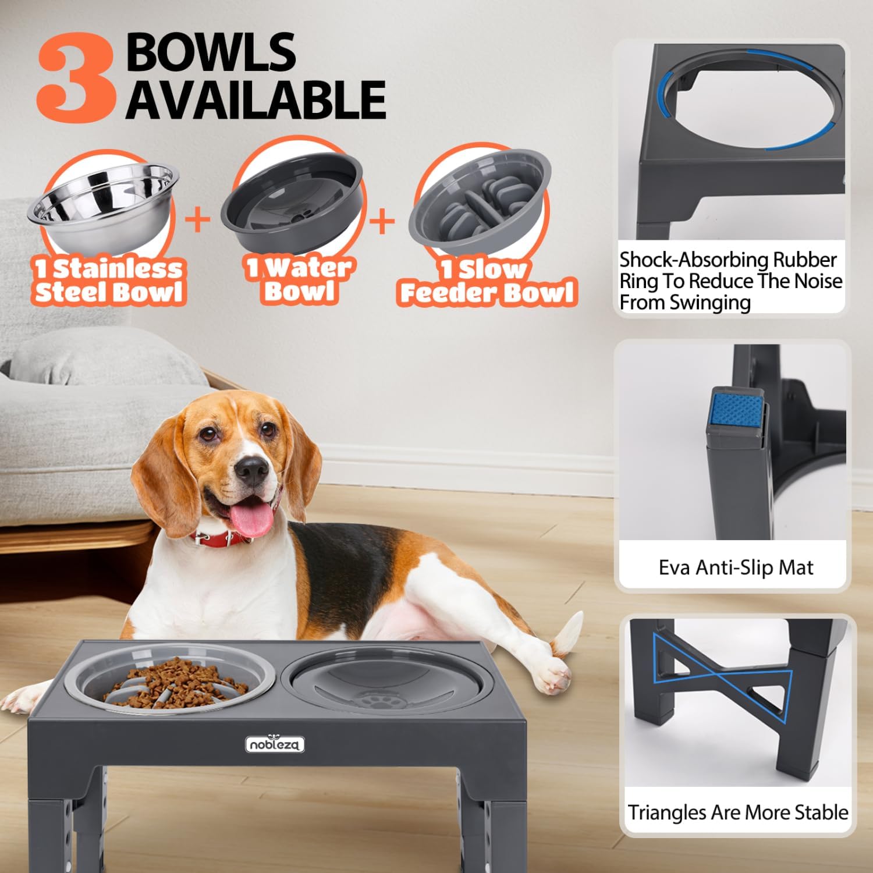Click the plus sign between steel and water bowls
[198, 220]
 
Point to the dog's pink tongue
[254, 518]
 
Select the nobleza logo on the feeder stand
[275, 744]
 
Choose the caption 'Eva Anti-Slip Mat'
[736, 567]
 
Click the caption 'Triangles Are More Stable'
[737, 812]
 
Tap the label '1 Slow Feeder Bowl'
[488, 282]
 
